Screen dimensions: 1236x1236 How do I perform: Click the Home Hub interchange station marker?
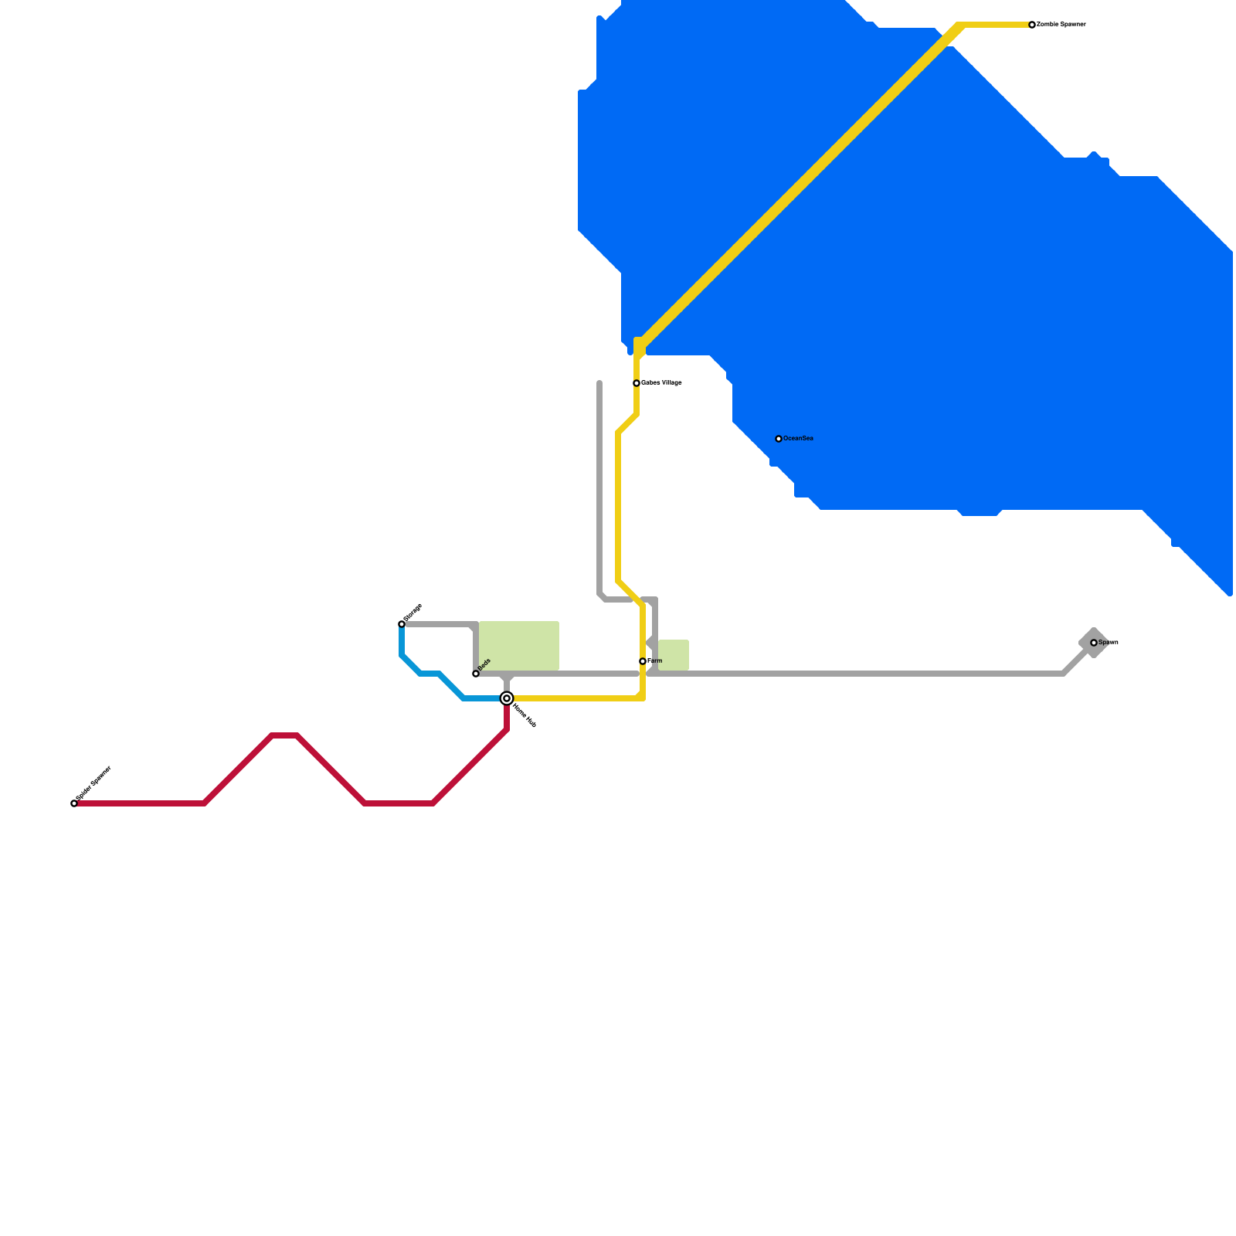[507, 698]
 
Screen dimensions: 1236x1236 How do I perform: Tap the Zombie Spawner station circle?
[1032, 25]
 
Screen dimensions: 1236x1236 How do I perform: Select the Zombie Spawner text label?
[1061, 25]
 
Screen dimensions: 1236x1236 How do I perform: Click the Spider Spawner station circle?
[74, 803]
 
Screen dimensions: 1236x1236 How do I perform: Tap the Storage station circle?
[402, 623]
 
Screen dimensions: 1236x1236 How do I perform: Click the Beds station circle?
[476, 674]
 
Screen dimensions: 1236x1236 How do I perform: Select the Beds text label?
[484, 664]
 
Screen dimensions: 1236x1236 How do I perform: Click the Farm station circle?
[643, 661]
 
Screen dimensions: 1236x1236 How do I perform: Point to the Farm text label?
[655, 661]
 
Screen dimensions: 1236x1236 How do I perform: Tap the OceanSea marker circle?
[779, 439]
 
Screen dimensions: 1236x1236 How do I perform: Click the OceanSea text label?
[798, 439]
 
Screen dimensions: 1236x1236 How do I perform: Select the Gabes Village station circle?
[637, 383]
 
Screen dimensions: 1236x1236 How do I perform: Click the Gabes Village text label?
[662, 383]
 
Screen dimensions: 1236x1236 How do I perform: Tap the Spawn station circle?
[1094, 643]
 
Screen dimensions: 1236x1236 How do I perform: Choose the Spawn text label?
[1109, 643]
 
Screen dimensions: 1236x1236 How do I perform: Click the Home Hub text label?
[525, 716]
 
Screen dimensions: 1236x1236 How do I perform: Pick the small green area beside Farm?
[674, 655]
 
